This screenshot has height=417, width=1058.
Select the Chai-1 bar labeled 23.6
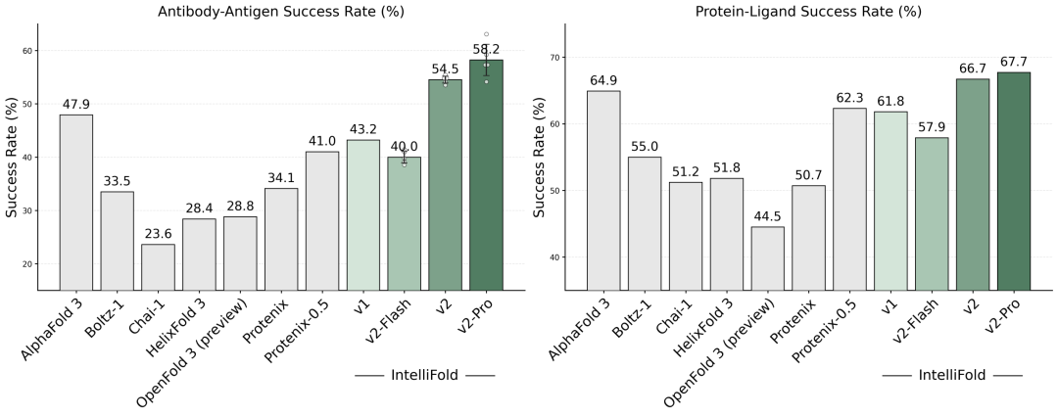click(158, 266)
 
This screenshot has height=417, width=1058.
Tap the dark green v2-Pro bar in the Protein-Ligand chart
click(1014, 181)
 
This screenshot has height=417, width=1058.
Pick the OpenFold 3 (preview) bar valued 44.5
click(767, 258)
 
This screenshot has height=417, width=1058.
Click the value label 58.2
click(487, 48)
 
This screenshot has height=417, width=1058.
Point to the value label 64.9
click(603, 79)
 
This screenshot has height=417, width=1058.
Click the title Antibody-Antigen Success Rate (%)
click(280, 12)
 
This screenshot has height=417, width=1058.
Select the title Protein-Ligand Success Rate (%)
click(808, 12)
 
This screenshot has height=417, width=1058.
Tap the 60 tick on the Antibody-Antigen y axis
click(26, 51)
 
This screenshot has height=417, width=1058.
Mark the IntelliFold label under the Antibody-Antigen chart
click(424, 375)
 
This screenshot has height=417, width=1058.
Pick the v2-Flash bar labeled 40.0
click(405, 223)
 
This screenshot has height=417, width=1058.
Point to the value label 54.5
click(446, 69)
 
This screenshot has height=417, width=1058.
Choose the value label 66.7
click(973, 68)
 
